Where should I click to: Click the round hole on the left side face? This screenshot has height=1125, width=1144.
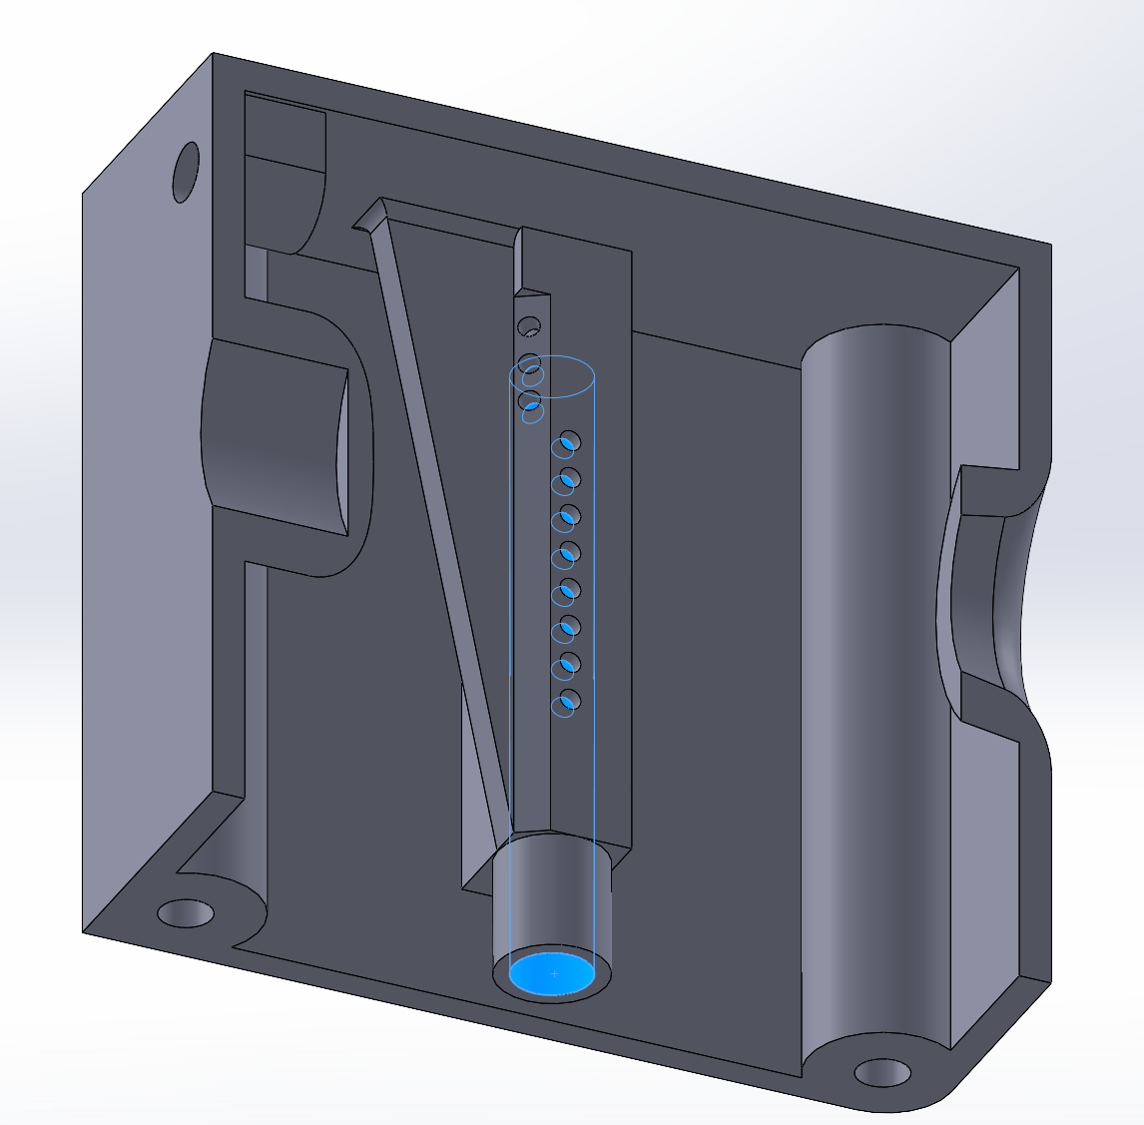tap(187, 172)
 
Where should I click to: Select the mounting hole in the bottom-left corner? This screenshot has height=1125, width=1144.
tap(186, 912)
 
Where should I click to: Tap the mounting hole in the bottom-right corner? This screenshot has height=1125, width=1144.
tap(882, 1073)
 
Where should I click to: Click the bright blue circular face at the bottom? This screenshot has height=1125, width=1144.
tap(552, 973)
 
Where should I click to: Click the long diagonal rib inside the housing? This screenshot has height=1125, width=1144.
tap(439, 519)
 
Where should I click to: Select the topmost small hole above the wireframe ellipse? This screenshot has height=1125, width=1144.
tap(529, 326)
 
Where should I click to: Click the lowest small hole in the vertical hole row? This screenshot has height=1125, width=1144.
tap(567, 702)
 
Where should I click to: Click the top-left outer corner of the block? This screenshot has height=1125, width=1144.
tap(213, 54)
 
